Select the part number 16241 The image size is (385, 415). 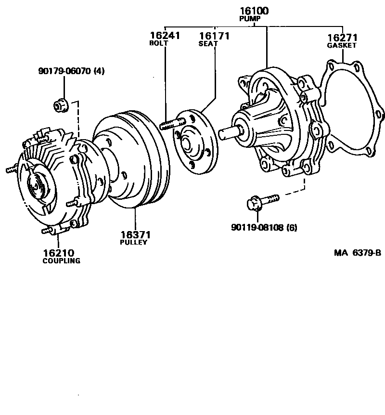[165, 36]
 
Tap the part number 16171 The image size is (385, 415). [215, 36]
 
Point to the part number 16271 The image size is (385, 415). [342, 38]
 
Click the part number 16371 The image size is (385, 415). [135, 234]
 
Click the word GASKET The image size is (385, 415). [342, 45]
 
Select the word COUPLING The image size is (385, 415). [61, 261]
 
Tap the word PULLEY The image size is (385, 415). [133, 242]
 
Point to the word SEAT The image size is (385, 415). [208, 43]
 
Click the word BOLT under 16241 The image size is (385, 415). [158, 43]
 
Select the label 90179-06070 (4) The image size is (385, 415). [71, 71]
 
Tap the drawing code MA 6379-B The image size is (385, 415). [358, 253]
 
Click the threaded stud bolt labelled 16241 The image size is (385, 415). [168, 125]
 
